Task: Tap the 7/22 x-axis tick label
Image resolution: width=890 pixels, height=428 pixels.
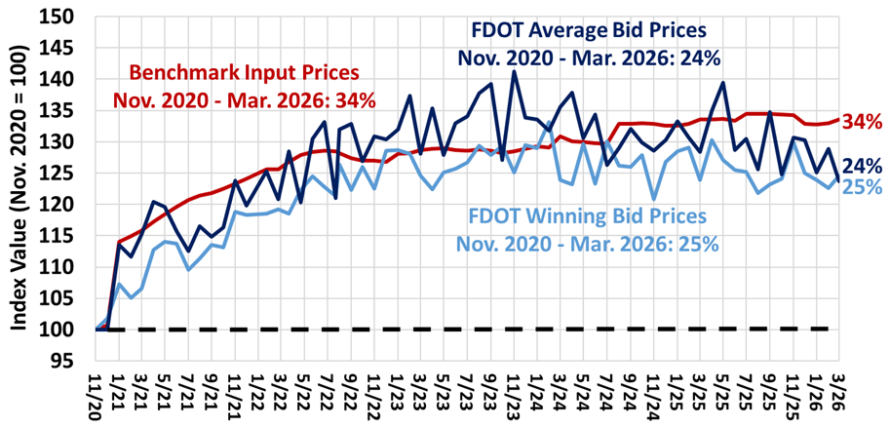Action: tap(328, 396)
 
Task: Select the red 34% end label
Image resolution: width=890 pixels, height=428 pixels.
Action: tap(861, 122)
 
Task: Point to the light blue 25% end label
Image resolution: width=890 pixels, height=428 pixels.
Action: tap(863, 186)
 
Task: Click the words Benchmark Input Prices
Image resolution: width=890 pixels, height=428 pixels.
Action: tap(245, 74)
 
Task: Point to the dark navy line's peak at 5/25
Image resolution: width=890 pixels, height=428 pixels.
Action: tap(723, 82)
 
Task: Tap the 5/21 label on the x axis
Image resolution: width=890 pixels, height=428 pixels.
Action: tap(165, 396)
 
